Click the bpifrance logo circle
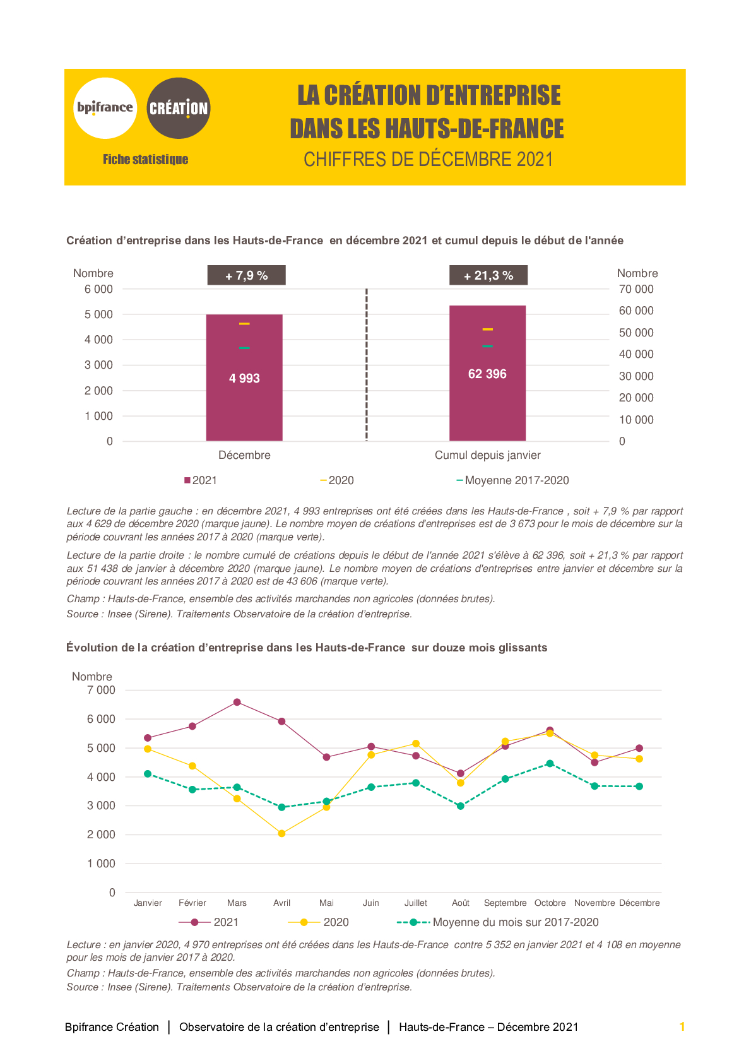coord(105,108)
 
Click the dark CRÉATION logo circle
coord(179,108)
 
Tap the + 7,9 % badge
coord(246,275)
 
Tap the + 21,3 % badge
coord(488,275)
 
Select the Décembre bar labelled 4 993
coord(244,377)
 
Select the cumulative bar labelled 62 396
coord(487,374)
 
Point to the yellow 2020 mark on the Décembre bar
coord(244,324)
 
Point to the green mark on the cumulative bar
coord(487,347)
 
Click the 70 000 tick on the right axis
coord(636,289)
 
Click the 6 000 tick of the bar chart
coord(98,289)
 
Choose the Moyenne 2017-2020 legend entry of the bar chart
coord(512,480)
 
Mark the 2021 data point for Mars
coord(237,703)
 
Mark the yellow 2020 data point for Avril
coord(282,833)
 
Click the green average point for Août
coord(460,806)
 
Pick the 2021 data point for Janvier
coord(148,738)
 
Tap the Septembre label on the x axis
coord(505,903)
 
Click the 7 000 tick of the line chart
coord(100,690)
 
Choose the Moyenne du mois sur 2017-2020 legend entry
coord(498,922)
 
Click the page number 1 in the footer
coord(682,1026)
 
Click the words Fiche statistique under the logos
coord(145,160)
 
